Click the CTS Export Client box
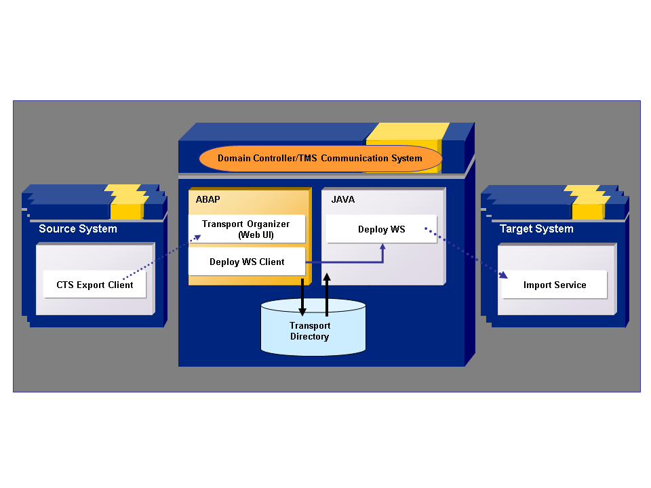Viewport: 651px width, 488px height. point(94,285)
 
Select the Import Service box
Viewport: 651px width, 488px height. point(554,285)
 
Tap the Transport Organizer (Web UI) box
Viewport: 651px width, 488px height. point(245,229)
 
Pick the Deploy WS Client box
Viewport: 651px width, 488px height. point(246,262)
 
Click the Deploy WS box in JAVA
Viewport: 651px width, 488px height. point(381,229)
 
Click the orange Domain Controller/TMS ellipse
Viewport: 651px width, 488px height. point(320,159)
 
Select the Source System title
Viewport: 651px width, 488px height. point(77,228)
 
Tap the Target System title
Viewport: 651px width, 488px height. point(536,228)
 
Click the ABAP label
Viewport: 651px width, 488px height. point(208,200)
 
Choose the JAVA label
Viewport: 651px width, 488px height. point(342,200)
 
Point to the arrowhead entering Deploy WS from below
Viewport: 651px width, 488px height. point(383,248)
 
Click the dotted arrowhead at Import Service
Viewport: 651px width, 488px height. point(503,275)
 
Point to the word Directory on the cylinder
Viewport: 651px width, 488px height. point(309,336)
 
